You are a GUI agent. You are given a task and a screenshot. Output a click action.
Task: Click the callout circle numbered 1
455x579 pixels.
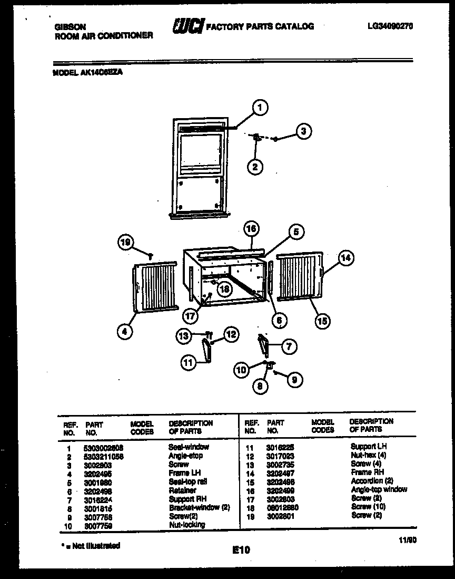point(259,108)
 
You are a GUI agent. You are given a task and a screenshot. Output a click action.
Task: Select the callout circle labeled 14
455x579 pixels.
point(345,258)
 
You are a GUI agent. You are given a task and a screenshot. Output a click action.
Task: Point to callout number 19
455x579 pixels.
point(125,243)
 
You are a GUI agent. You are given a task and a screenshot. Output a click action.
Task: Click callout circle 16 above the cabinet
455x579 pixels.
point(252,229)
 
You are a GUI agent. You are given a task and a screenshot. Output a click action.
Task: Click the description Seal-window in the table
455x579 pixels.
point(189,447)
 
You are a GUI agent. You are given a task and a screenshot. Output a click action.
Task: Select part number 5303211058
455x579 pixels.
point(104,456)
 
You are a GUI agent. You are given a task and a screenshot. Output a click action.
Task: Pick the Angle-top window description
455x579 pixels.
point(379,489)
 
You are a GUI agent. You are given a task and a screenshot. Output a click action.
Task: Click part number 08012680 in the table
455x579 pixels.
point(283,507)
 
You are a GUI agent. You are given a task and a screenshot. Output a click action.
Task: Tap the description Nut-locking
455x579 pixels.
point(187,525)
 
